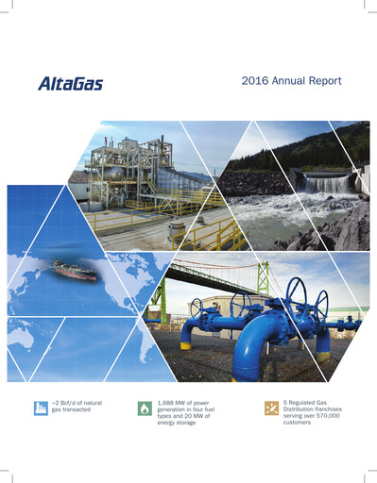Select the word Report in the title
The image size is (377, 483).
(x=321, y=82)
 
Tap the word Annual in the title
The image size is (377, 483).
(x=287, y=82)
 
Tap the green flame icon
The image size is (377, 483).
(x=143, y=408)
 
